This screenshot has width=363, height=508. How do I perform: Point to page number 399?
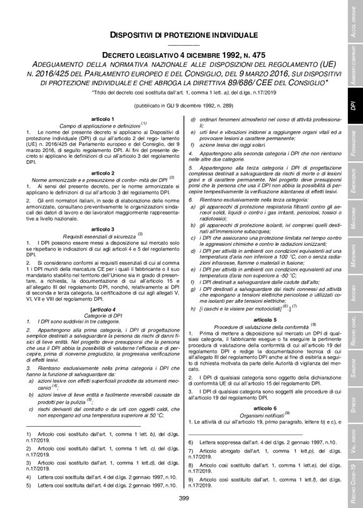184,497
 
